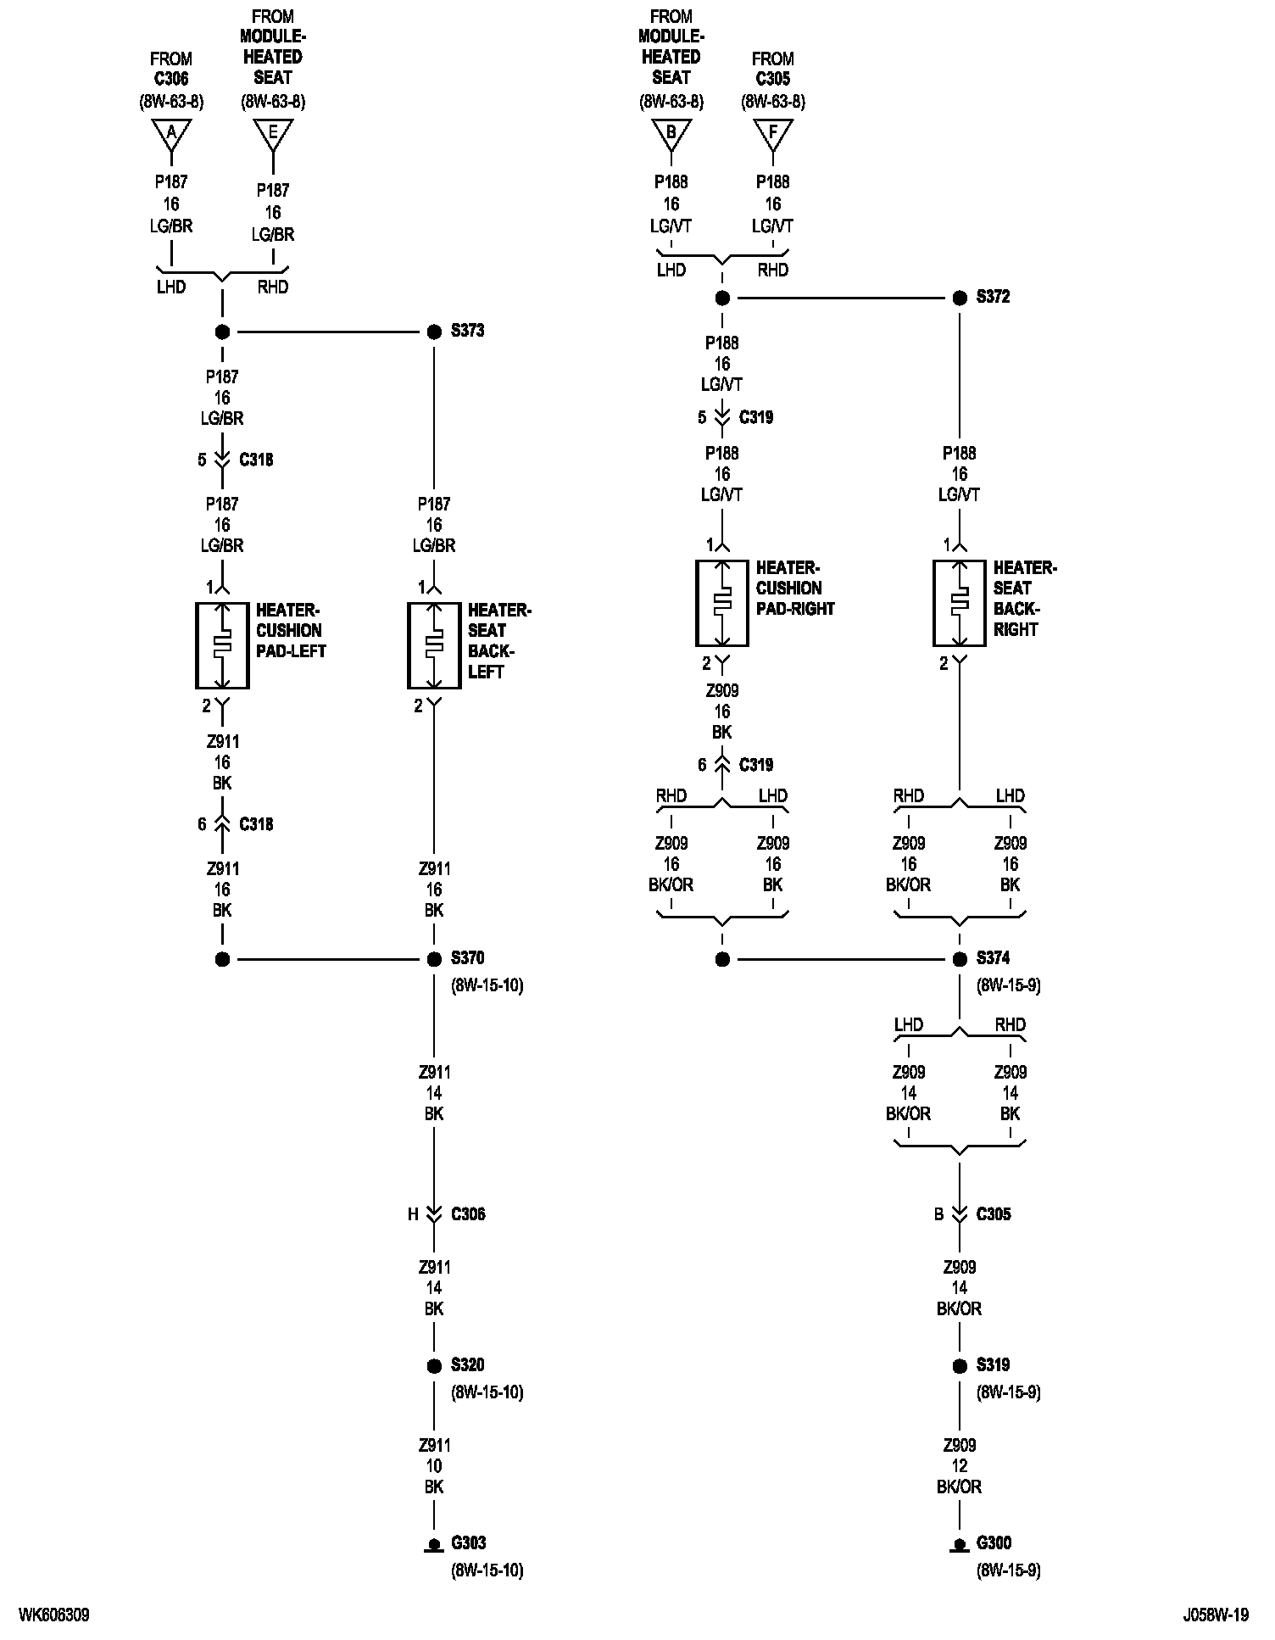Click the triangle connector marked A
click(x=171, y=133)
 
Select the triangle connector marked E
click(x=273, y=133)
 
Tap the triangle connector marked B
click(x=671, y=133)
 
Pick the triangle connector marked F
click(x=773, y=133)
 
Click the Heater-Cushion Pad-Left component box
click(x=222, y=645)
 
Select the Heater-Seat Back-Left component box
click(x=434, y=645)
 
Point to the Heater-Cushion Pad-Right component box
click(x=722, y=603)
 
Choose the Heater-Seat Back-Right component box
click(x=960, y=603)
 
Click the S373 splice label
click(x=467, y=331)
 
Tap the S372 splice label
click(x=993, y=297)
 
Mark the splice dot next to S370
click(x=434, y=959)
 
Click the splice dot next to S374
click(x=960, y=959)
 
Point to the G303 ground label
click(x=468, y=1542)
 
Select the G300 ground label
click(x=994, y=1542)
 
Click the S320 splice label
click(x=467, y=1365)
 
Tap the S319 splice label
click(x=993, y=1365)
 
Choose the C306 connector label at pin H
click(x=468, y=1214)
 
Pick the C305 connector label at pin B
click(x=994, y=1214)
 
